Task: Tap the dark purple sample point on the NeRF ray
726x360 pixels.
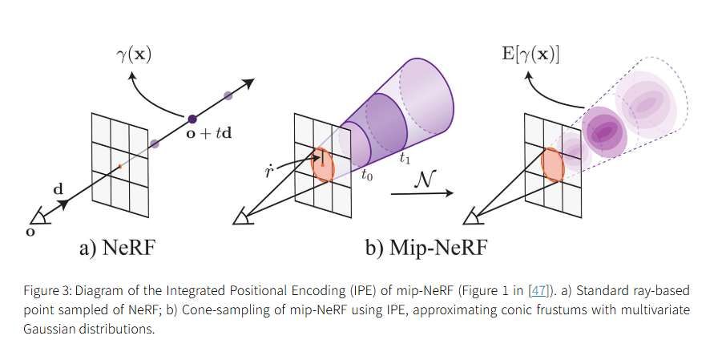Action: (x=192, y=119)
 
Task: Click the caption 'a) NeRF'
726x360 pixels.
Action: (x=118, y=249)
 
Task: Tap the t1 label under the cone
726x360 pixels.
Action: (x=405, y=158)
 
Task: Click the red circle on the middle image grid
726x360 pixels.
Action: (x=322, y=164)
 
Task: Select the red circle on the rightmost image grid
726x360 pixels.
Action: (x=553, y=164)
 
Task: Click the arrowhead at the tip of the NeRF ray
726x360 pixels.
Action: (x=249, y=83)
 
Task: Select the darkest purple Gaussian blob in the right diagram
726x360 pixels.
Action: (x=607, y=128)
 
